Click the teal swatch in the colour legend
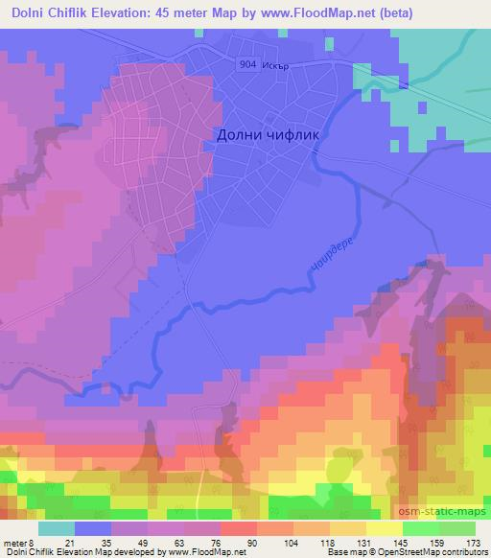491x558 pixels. [58, 527]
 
